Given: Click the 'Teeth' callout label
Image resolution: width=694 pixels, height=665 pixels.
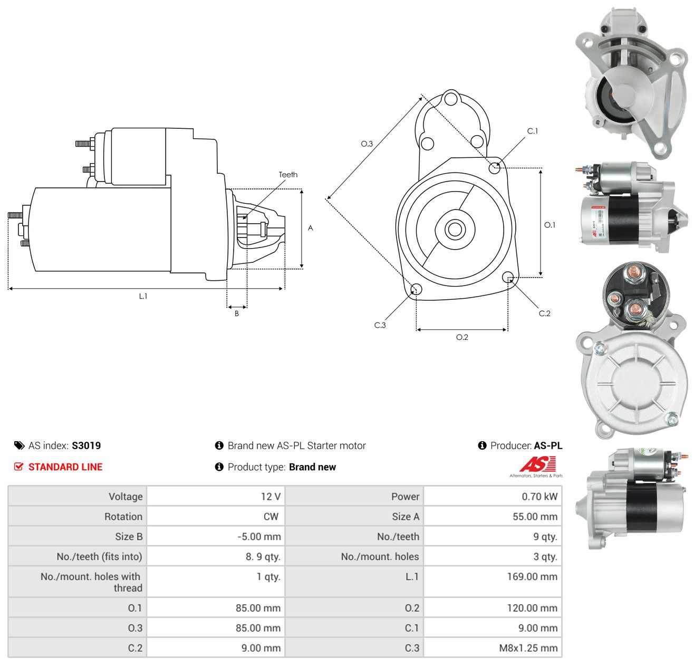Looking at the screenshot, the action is point(288,175).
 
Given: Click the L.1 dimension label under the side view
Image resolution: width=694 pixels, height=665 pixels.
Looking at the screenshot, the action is point(143,296).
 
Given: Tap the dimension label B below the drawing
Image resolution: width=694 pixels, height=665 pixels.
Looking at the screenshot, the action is point(236,313).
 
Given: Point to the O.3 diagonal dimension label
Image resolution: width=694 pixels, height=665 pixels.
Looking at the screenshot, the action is point(367,144).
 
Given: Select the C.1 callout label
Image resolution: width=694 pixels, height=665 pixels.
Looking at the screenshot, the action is point(532,131).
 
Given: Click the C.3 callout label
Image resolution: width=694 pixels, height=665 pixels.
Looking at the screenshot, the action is point(380,325).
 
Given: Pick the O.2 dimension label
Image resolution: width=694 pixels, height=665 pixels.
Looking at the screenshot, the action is point(462,337).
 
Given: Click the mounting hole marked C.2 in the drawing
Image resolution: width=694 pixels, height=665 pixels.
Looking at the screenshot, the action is point(508,277).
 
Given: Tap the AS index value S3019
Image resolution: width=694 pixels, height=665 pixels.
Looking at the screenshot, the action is point(86,445).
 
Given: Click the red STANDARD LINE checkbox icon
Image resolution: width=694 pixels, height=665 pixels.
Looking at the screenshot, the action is point(18,467).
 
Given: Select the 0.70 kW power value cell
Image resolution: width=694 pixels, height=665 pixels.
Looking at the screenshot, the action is point(539,497).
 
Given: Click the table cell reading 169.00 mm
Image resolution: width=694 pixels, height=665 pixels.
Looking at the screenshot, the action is point(532,576).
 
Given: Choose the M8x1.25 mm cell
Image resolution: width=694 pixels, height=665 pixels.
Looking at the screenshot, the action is point(528,648).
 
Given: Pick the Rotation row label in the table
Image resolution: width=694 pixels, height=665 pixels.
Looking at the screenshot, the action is point(123,517).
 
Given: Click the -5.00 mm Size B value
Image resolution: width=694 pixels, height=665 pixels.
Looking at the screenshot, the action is point(259,537).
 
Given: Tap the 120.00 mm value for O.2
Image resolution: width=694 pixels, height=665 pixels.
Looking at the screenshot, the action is point(532,608).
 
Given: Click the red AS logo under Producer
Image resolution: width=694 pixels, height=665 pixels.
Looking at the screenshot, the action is point(537,464).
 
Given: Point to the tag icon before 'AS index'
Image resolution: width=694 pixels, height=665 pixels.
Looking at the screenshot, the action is point(20,445).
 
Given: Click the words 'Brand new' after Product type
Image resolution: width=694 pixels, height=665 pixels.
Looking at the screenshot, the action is point(312,467).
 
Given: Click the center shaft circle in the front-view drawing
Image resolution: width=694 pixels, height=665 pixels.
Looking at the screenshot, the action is point(455,230).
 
